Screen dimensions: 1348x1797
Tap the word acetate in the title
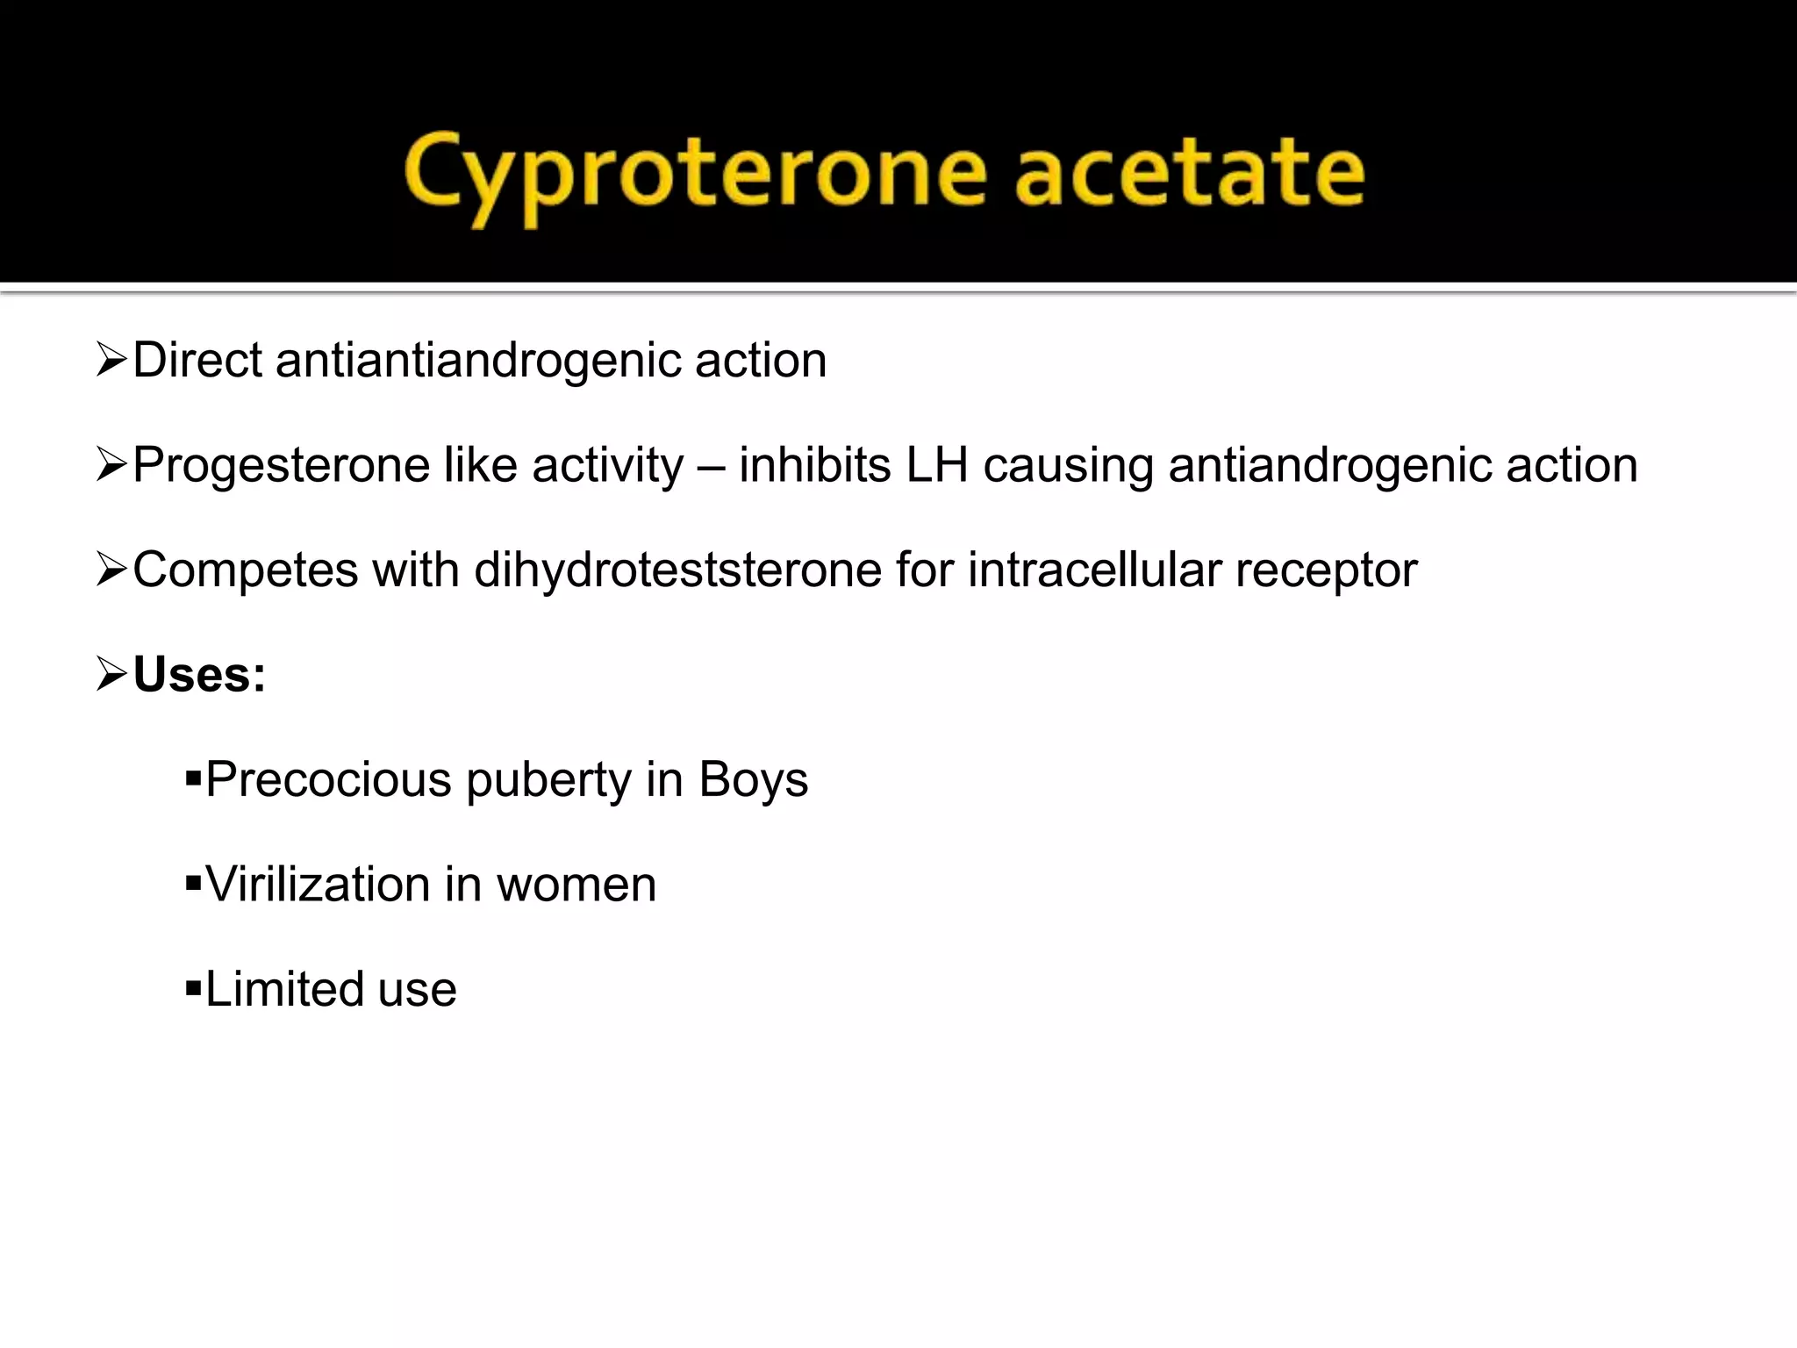coord(1189,172)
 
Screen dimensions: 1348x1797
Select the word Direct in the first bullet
coord(197,360)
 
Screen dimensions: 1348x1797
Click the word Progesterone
coord(281,466)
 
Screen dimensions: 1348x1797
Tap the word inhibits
coord(815,465)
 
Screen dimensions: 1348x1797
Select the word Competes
coord(246,570)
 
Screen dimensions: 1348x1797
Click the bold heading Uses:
coord(199,675)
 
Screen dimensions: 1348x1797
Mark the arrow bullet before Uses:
coord(112,675)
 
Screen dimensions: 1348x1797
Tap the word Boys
coord(753,779)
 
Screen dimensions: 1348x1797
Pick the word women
coord(576,885)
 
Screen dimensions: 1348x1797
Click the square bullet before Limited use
coord(193,987)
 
